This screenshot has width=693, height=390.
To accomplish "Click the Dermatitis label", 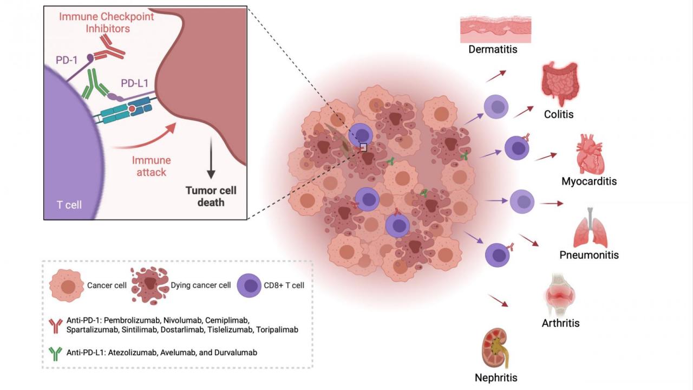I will point(493,50).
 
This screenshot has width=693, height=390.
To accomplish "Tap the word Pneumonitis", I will point(589,255).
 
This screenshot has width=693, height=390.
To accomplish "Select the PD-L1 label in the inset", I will point(135,84).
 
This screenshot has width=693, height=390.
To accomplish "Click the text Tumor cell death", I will point(211,197).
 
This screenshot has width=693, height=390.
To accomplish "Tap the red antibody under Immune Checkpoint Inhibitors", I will point(109,48).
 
